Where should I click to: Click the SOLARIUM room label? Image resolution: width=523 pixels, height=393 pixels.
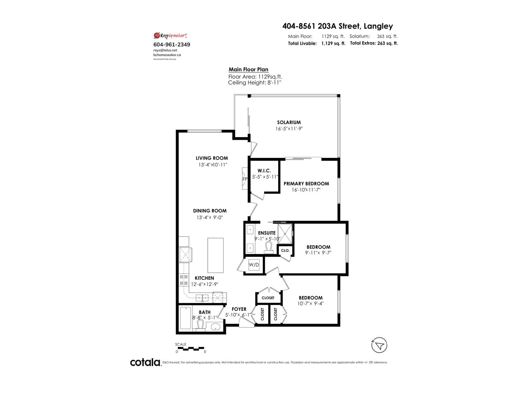click(289, 122)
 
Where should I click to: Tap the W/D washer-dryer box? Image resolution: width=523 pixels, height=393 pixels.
click(254, 265)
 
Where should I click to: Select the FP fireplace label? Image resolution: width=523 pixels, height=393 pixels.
click(245, 179)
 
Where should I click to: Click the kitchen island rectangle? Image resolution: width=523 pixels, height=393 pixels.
click(215, 255)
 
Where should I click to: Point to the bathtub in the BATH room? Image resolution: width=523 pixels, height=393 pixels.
click(186, 318)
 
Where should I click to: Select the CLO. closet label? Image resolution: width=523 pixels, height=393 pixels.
click(285, 250)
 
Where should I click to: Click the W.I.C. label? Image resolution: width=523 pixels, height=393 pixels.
click(264, 171)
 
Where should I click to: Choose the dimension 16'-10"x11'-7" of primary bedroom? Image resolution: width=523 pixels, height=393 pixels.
click(306, 189)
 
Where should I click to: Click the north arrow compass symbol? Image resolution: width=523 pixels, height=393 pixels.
click(380, 345)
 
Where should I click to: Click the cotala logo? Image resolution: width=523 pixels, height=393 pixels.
click(145, 362)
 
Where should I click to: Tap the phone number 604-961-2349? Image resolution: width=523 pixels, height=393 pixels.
click(172, 45)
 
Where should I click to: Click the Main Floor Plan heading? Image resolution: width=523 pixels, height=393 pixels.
click(248, 69)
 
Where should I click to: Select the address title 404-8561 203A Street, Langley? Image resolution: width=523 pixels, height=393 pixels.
click(338, 26)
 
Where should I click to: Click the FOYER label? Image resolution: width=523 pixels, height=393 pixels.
click(239, 309)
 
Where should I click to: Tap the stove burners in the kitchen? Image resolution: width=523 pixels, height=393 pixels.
click(183, 280)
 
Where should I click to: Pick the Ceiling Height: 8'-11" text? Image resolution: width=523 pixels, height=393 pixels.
click(254, 83)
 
